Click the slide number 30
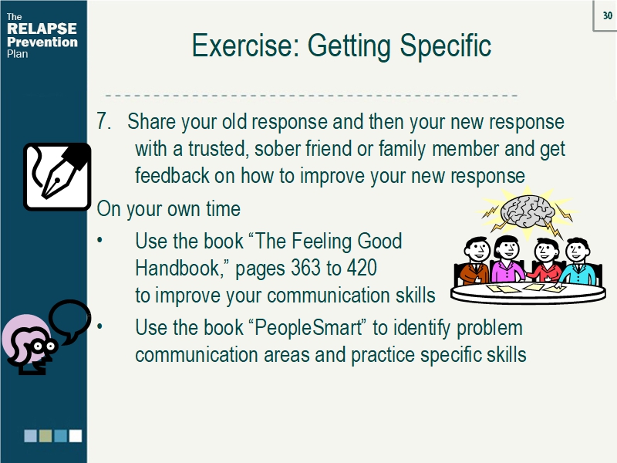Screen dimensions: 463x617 [x=607, y=16]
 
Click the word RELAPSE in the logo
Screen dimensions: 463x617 [x=42, y=29]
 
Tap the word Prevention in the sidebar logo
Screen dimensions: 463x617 [x=42, y=42]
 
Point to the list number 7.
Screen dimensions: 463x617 [x=105, y=122]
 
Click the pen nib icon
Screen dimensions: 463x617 [x=57, y=176]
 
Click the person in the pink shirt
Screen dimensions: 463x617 [x=507, y=260]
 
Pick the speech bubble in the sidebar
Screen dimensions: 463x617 [x=69, y=320]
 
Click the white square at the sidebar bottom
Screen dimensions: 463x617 [x=76, y=436]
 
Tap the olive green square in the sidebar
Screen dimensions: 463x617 [x=46, y=436]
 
